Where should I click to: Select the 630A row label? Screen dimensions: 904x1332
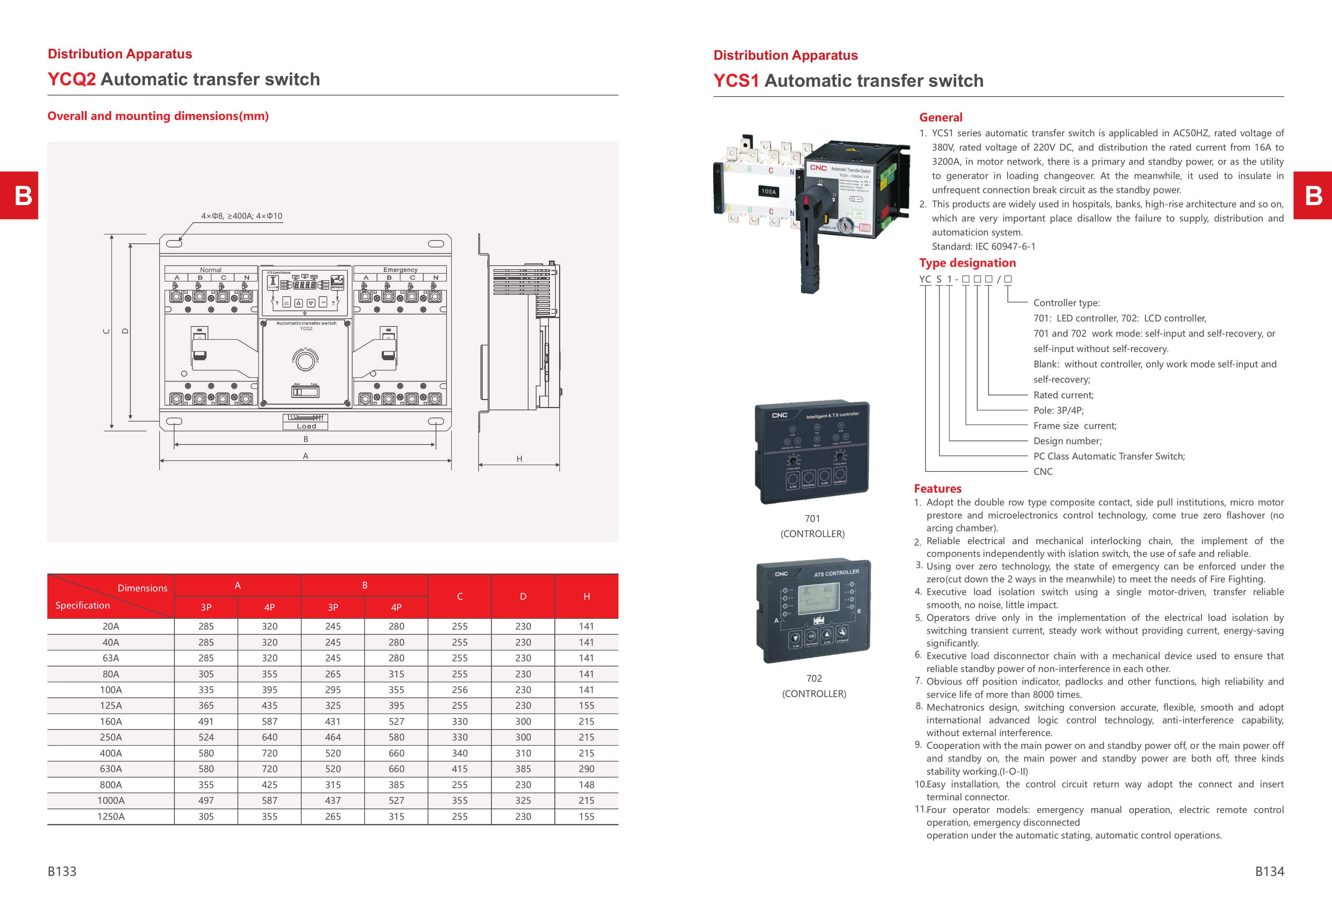tap(111, 769)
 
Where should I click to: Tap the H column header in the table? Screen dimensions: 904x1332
tap(586, 596)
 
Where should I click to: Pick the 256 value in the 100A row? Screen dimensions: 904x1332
tap(460, 690)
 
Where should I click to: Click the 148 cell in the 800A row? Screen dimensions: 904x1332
tap(586, 785)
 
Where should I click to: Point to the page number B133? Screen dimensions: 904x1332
tap(62, 871)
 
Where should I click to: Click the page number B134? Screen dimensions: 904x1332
tap(1269, 871)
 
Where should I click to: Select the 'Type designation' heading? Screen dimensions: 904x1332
tap(967, 263)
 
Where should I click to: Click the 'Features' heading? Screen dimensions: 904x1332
tap(938, 488)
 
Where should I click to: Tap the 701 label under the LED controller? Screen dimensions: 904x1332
tap(812, 518)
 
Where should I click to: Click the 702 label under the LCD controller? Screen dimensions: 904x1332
tap(814, 678)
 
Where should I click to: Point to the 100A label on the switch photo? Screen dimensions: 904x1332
tap(769, 191)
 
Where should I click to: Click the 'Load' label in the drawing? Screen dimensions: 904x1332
tap(306, 426)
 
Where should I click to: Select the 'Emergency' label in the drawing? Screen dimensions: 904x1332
tap(400, 269)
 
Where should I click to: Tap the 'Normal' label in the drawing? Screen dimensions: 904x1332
tap(211, 269)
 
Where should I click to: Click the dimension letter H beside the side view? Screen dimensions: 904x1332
tap(519, 459)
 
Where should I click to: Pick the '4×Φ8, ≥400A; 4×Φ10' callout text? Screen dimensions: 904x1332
tap(241, 216)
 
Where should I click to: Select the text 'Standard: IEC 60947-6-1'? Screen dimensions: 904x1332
tap(983, 246)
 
